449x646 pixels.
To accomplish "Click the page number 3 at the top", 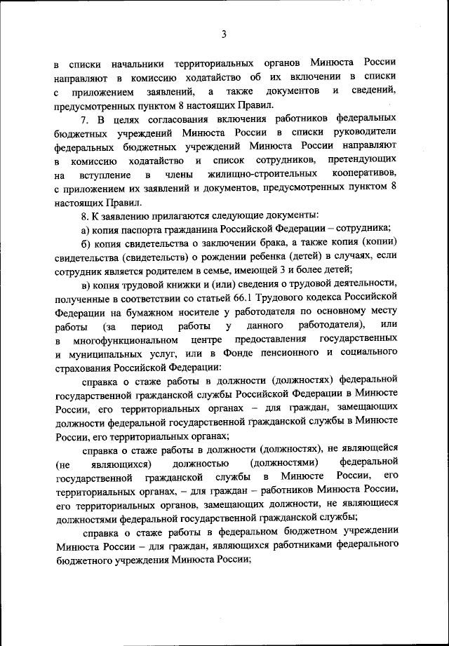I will [x=224, y=33].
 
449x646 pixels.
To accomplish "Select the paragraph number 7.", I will [x=85, y=119].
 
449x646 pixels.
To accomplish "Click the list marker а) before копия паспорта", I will [x=86, y=229].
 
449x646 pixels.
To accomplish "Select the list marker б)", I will [x=86, y=243].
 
